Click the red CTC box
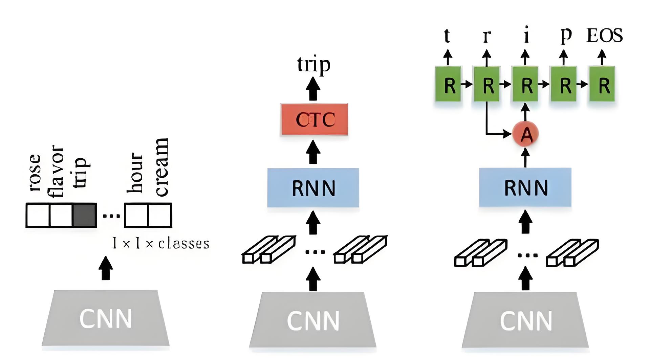(314, 119)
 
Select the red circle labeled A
(525, 134)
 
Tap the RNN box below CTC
(313, 188)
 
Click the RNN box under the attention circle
(525, 187)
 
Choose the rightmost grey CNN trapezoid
(525, 320)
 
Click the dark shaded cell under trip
(85, 215)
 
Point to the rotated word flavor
(56, 171)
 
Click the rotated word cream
(161, 167)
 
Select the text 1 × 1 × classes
(160, 243)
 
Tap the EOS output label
(604, 35)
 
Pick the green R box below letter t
(448, 84)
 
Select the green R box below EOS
(602, 84)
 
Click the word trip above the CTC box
(313, 64)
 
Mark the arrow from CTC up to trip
(313, 89)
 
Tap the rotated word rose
(35, 173)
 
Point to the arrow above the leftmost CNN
(106, 268)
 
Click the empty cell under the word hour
(136, 215)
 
